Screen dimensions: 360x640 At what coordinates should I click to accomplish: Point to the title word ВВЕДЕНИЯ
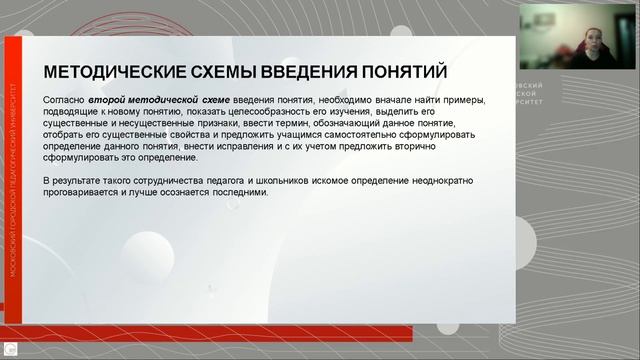(x=298, y=72)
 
